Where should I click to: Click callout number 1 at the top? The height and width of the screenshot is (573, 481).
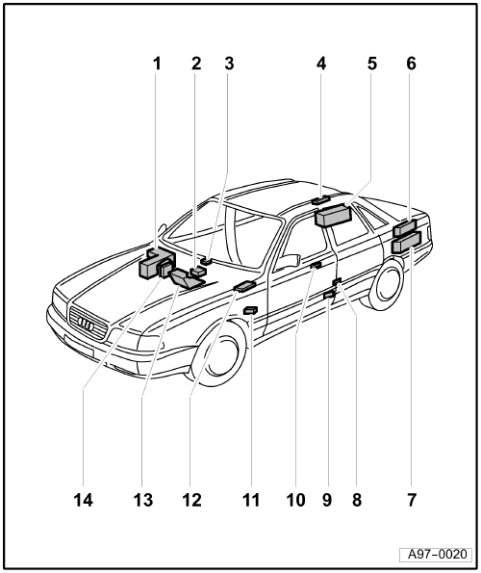coord(157,64)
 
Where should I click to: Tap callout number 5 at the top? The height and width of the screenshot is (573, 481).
coord(372,64)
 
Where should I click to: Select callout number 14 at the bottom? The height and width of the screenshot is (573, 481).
coord(83,500)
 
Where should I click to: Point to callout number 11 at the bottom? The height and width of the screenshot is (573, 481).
coord(251,500)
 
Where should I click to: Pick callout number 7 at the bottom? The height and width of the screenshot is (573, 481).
coord(412,500)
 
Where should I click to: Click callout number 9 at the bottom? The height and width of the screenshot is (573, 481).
coord(327,500)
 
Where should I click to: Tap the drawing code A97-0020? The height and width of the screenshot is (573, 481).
coord(437,555)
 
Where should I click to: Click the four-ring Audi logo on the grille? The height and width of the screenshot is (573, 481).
coord(87,325)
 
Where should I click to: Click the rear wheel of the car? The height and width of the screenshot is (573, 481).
coord(386,284)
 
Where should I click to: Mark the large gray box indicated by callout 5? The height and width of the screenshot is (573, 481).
coord(333,216)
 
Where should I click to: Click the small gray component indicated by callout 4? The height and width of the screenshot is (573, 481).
coord(320,199)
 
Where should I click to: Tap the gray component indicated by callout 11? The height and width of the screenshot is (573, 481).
coord(250,310)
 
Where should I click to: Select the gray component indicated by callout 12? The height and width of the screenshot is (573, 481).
coord(244,285)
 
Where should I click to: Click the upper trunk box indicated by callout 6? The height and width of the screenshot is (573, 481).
coord(405,227)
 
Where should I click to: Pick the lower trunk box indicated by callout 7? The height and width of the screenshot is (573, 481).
coord(406,243)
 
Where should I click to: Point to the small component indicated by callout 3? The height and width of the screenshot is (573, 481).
coord(206,261)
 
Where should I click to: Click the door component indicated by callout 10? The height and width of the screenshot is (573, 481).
coord(316,265)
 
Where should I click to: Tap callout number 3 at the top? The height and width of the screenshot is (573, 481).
coord(229,64)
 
